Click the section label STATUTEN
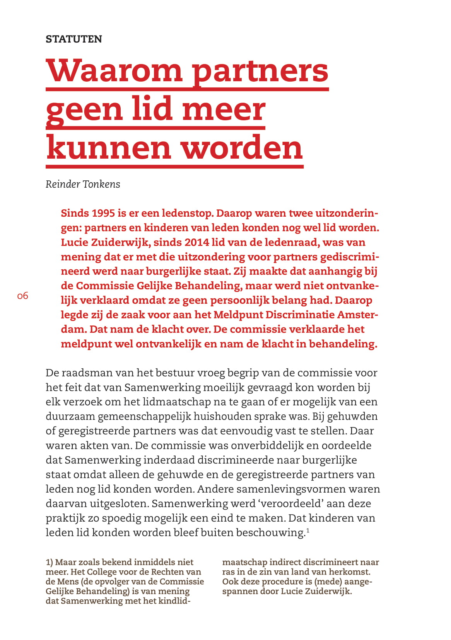coord(73,39)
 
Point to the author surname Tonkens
coord(101,184)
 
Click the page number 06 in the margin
coord(23,296)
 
